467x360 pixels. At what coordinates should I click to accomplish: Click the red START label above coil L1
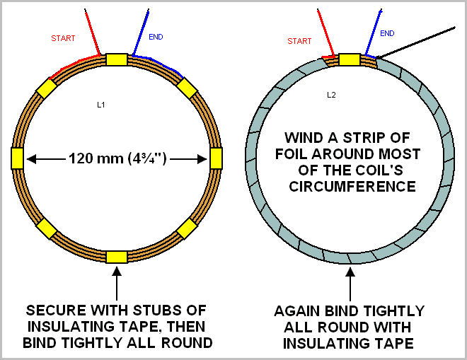coord(63,38)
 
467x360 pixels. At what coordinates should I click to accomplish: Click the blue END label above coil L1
coord(156,37)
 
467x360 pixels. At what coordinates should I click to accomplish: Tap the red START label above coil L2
coord(299,41)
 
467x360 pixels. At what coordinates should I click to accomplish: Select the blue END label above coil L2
coord(387,33)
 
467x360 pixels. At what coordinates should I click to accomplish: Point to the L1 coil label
coord(101,105)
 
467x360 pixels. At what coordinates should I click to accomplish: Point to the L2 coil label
coord(331,95)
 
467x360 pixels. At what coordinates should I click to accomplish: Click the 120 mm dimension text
coord(117,158)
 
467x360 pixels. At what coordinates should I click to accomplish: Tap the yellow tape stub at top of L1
coord(117,59)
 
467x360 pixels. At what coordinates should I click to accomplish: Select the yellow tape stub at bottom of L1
coord(117,257)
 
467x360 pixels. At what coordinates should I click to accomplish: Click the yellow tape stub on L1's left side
coord(17,158)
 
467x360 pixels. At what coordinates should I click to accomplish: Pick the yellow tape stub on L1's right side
coord(216,158)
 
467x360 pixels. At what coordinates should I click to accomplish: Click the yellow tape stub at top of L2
coord(350,59)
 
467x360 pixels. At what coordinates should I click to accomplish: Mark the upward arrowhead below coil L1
coord(117,271)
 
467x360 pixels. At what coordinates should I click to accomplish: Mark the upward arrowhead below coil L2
coord(350,272)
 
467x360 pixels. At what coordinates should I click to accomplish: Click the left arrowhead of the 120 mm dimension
coord(31,159)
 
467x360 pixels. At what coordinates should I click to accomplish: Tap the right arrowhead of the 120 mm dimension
coord(202,159)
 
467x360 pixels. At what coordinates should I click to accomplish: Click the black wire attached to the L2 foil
coord(416,42)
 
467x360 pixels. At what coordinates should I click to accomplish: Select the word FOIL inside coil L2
coord(292,154)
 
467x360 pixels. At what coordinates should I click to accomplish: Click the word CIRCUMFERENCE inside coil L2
coord(352,187)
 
